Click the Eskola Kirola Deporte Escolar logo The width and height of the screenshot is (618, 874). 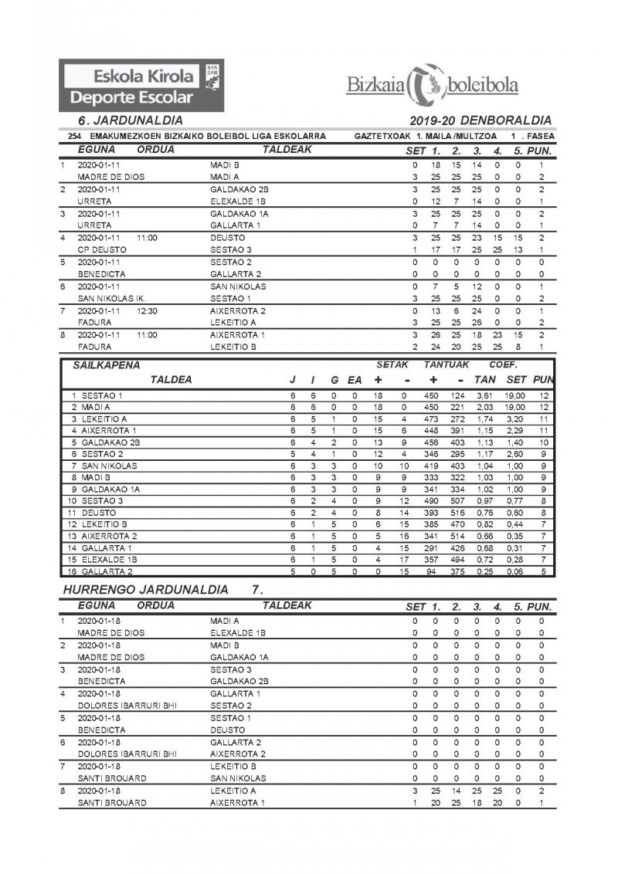(x=141, y=85)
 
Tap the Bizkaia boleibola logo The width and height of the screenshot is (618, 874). (x=432, y=85)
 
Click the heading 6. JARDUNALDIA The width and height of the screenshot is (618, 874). (x=131, y=120)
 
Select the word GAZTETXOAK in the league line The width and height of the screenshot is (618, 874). (x=382, y=136)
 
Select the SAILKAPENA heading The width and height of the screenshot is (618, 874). (x=107, y=364)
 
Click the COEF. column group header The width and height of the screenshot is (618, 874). (x=502, y=364)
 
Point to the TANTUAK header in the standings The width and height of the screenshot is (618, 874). (x=447, y=364)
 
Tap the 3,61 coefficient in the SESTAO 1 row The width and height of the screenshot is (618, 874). (x=485, y=395)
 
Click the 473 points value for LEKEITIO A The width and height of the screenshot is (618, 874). (x=433, y=418)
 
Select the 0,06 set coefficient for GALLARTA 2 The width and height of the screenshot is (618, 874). (x=516, y=571)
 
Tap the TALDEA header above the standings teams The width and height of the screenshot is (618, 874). (x=171, y=380)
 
